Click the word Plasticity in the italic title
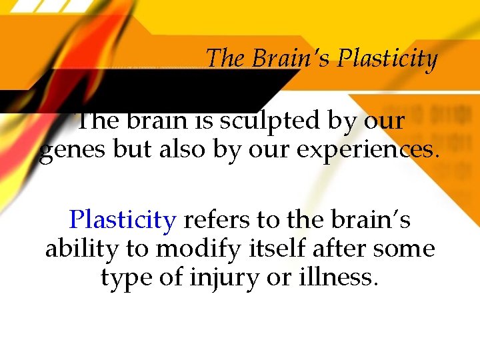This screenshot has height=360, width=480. [x=387, y=59]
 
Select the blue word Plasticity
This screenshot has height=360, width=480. [x=123, y=219]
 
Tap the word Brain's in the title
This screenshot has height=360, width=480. [x=291, y=59]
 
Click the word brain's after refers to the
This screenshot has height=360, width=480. [x=379, y=219]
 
